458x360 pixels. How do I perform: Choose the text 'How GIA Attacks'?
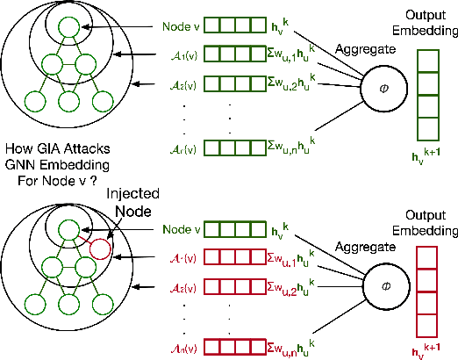coord(59,151)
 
